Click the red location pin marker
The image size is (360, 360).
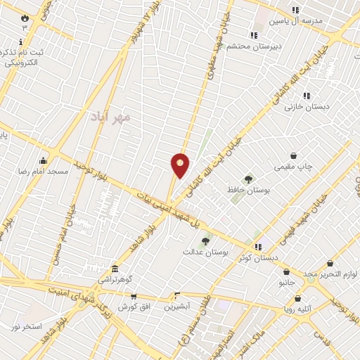click(181, 166)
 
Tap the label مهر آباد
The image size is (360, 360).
click(111, 117)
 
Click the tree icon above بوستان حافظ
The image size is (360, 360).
click(248, 179)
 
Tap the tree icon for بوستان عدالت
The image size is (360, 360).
click(205, 241)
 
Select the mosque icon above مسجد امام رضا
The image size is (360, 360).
click(44, 160)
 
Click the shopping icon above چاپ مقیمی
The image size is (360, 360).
click(293, 156)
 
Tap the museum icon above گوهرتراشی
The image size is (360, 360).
click(115, 268)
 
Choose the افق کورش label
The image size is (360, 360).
click(131, 307)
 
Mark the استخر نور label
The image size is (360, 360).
click(26, 327)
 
